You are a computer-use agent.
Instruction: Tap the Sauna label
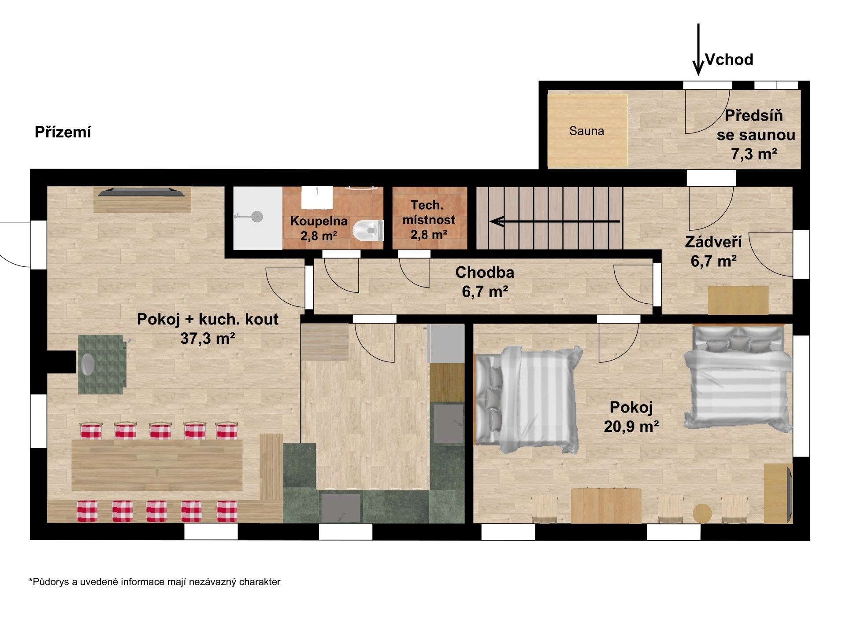point(586,131)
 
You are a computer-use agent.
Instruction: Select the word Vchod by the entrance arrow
point(729,59)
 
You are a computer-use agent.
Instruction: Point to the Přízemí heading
point(63,133)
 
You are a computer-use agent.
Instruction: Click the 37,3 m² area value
point(208,338)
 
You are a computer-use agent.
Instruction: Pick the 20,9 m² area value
point(631,426)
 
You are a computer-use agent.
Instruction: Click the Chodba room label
point(485,273)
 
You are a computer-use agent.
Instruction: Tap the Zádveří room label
point(713,242)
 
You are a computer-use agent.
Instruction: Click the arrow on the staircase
point(555,221)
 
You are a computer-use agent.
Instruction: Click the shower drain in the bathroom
point(256,216)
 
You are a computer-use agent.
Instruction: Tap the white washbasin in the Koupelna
point(317,197)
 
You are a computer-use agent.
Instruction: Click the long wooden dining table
point(157,465)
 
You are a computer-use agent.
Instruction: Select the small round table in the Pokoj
point(702,513)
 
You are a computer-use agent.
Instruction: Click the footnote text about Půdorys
point(155,582)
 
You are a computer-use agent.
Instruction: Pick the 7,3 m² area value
point(754,154)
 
